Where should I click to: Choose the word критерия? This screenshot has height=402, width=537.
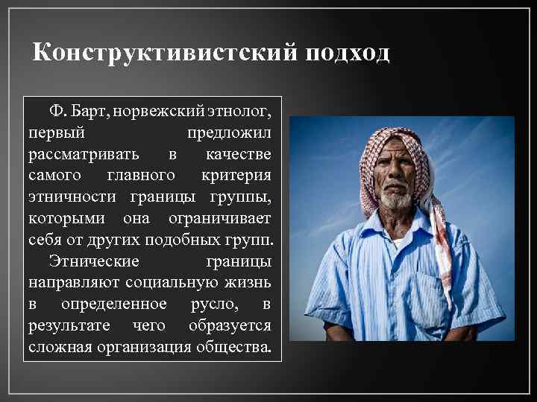point(236,175)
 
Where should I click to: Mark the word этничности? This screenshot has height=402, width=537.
point(76,197)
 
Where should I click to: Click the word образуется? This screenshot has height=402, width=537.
point(230,325)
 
